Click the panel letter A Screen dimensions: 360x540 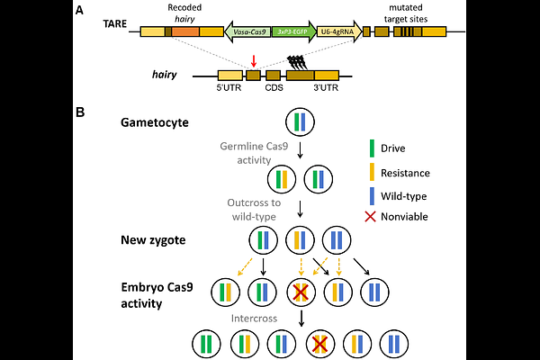click(82, 11)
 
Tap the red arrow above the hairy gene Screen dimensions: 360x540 click(253, 61)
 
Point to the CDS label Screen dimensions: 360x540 click(274, 88)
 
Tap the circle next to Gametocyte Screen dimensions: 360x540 click(299, 122)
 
